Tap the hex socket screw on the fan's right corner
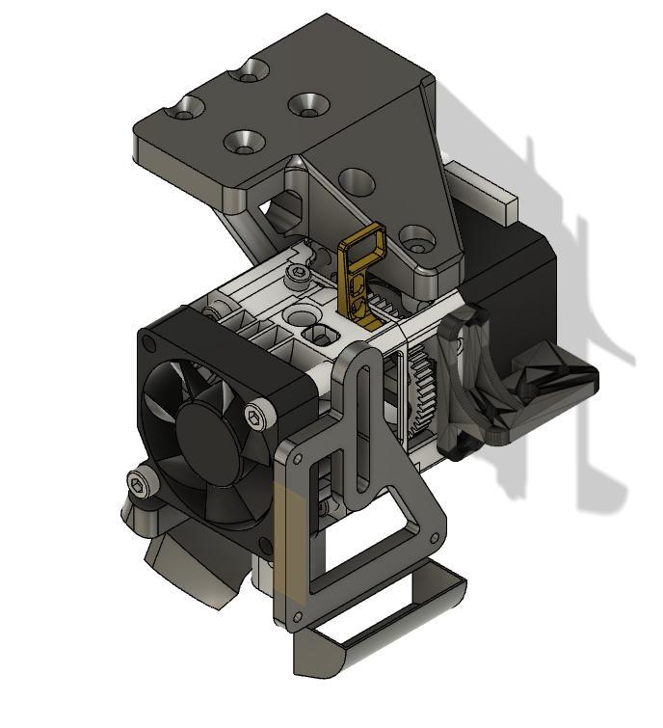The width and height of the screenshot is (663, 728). tap(254, 417)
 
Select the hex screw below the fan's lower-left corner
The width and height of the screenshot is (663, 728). tap(143, 485)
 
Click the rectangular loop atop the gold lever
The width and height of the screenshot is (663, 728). tap(365, 240)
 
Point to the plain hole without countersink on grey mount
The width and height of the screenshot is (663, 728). tap(358, 179)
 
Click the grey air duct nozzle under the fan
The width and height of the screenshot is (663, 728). tap(188, 569)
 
